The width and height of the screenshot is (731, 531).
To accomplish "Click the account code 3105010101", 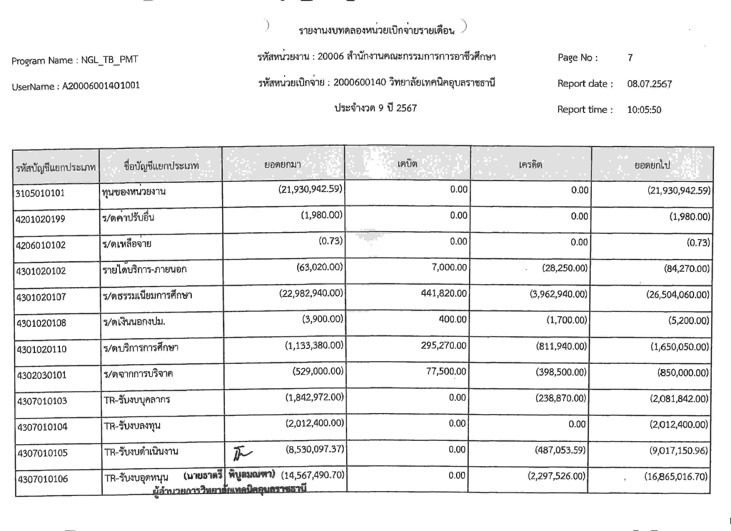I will point(40,193).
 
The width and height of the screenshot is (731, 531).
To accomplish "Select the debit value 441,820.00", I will point(444,293).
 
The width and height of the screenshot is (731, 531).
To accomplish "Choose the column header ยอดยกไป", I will point(652,165).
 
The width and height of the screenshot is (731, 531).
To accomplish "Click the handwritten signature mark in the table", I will point(242,453).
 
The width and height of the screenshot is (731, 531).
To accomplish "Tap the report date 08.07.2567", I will point(649,84).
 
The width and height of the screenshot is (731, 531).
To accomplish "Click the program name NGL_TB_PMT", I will point(109,60).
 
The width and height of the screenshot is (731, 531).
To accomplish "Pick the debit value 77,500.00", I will point(446,371).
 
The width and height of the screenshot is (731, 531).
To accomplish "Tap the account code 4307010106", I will point(43,479).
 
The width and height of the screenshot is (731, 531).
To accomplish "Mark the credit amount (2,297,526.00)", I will point(556,476).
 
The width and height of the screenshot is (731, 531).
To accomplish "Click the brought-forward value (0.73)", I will point(330,241).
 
